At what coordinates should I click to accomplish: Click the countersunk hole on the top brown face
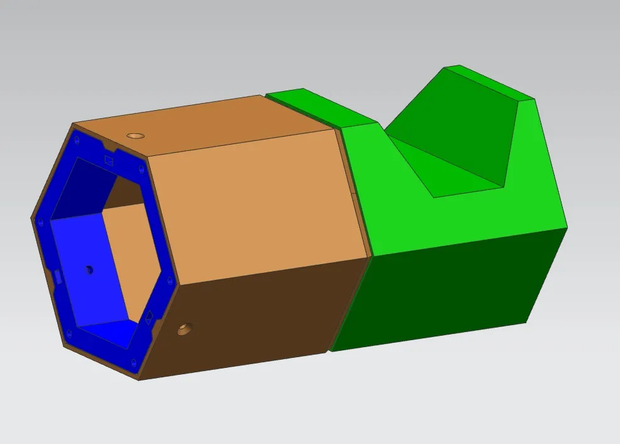point(135,135)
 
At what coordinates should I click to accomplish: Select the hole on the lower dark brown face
point(184,328)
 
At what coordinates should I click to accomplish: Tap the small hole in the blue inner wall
point(89,269)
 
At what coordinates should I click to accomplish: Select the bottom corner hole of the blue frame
point(135,362)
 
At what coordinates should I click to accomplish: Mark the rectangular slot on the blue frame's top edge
point(109,159)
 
